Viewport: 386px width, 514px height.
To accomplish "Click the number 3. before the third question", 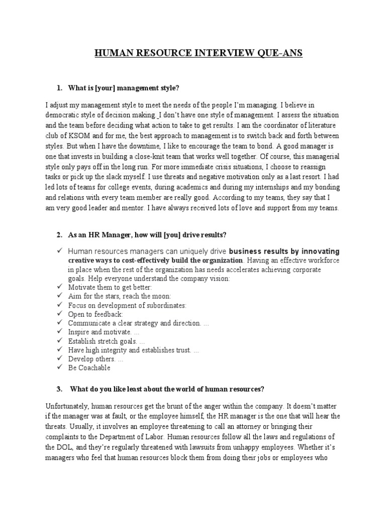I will (59, 390).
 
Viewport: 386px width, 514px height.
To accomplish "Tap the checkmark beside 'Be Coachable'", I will (59, 367).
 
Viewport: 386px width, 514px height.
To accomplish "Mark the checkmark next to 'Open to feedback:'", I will (59, 314).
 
